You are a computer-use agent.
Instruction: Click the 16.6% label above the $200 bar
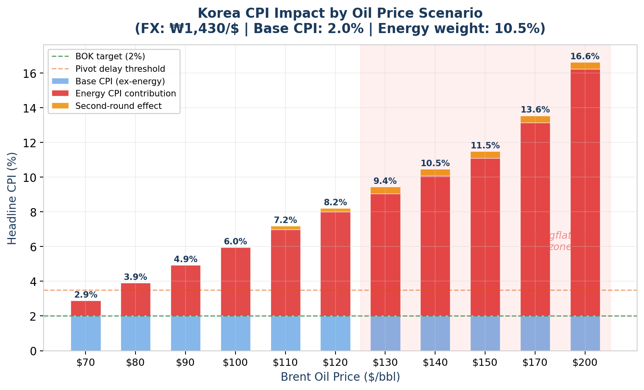585,56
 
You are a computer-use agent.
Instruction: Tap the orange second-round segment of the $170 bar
535,119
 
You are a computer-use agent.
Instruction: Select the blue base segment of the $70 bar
85,333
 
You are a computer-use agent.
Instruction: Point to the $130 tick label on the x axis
385,363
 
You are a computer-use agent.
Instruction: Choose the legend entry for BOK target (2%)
110,56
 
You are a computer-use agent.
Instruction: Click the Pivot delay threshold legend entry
120,69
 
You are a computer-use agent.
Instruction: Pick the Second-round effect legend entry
118,106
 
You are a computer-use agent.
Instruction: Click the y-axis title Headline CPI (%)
12,198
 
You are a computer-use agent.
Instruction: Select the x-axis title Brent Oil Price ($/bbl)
340,377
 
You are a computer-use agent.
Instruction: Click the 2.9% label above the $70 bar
85,295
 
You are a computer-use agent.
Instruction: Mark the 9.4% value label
385,181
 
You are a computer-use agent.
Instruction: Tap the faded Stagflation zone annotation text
560,241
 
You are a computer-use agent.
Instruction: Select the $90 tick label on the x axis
185,363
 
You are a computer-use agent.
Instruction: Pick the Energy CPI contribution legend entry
125,94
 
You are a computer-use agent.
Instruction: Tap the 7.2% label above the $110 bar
285,220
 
